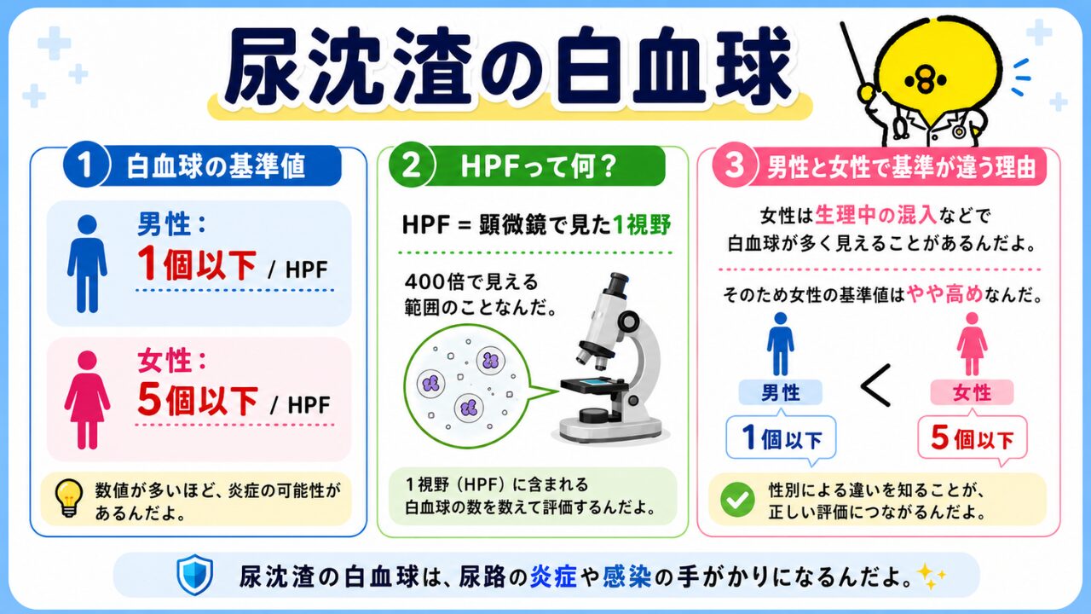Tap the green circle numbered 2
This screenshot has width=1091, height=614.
(x=412, y=165)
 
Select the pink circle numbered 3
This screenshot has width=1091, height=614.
(x=734, y=165)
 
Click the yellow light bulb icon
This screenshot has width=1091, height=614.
(x=69, y=498)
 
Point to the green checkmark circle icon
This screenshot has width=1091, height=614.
(x=737, y=500)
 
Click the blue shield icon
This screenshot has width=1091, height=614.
(x=195, y=575)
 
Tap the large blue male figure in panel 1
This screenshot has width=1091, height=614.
(x=87, y=264)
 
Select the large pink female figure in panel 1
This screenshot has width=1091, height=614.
(x=87, y=400)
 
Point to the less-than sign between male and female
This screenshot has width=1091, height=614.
(x=875, y=385)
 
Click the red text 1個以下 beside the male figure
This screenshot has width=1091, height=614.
(x=197, y=265)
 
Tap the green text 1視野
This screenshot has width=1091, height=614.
(x=642, y=224)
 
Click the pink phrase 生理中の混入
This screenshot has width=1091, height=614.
(x=875, y=215)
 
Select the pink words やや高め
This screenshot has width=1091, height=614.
(x=945, y=294)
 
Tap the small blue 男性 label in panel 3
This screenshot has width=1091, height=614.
(x=781, y=393)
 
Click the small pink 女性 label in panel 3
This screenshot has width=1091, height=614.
(x=973, y=393)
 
